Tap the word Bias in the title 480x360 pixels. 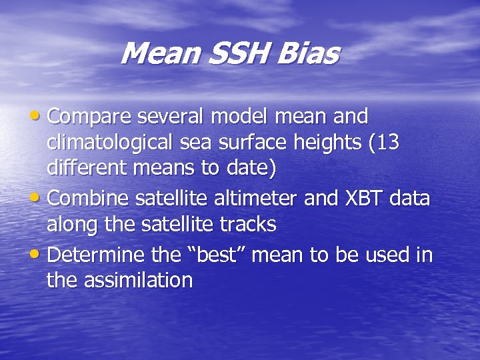point(311,54)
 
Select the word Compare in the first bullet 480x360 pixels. point(90,117)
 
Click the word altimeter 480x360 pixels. point(253,198)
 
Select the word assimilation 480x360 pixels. point(139,281)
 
